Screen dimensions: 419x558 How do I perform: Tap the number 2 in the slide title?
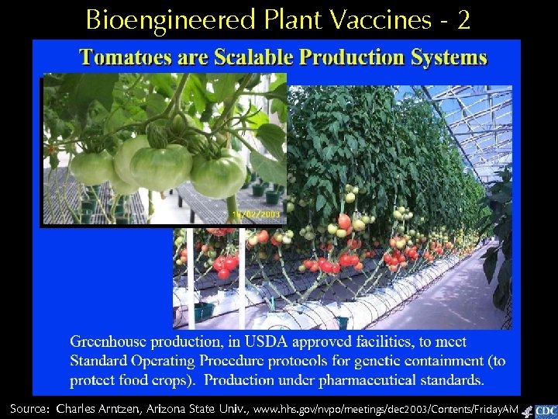pyautogui.click(x=463, y=19)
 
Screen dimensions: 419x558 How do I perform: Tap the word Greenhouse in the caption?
pyautogui.click(x=108, y=341)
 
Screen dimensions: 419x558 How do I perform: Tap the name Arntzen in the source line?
pyautogui.click(x=139, y=408)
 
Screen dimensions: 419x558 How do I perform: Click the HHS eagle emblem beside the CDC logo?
pyautogui.click(x=527, y=412)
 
